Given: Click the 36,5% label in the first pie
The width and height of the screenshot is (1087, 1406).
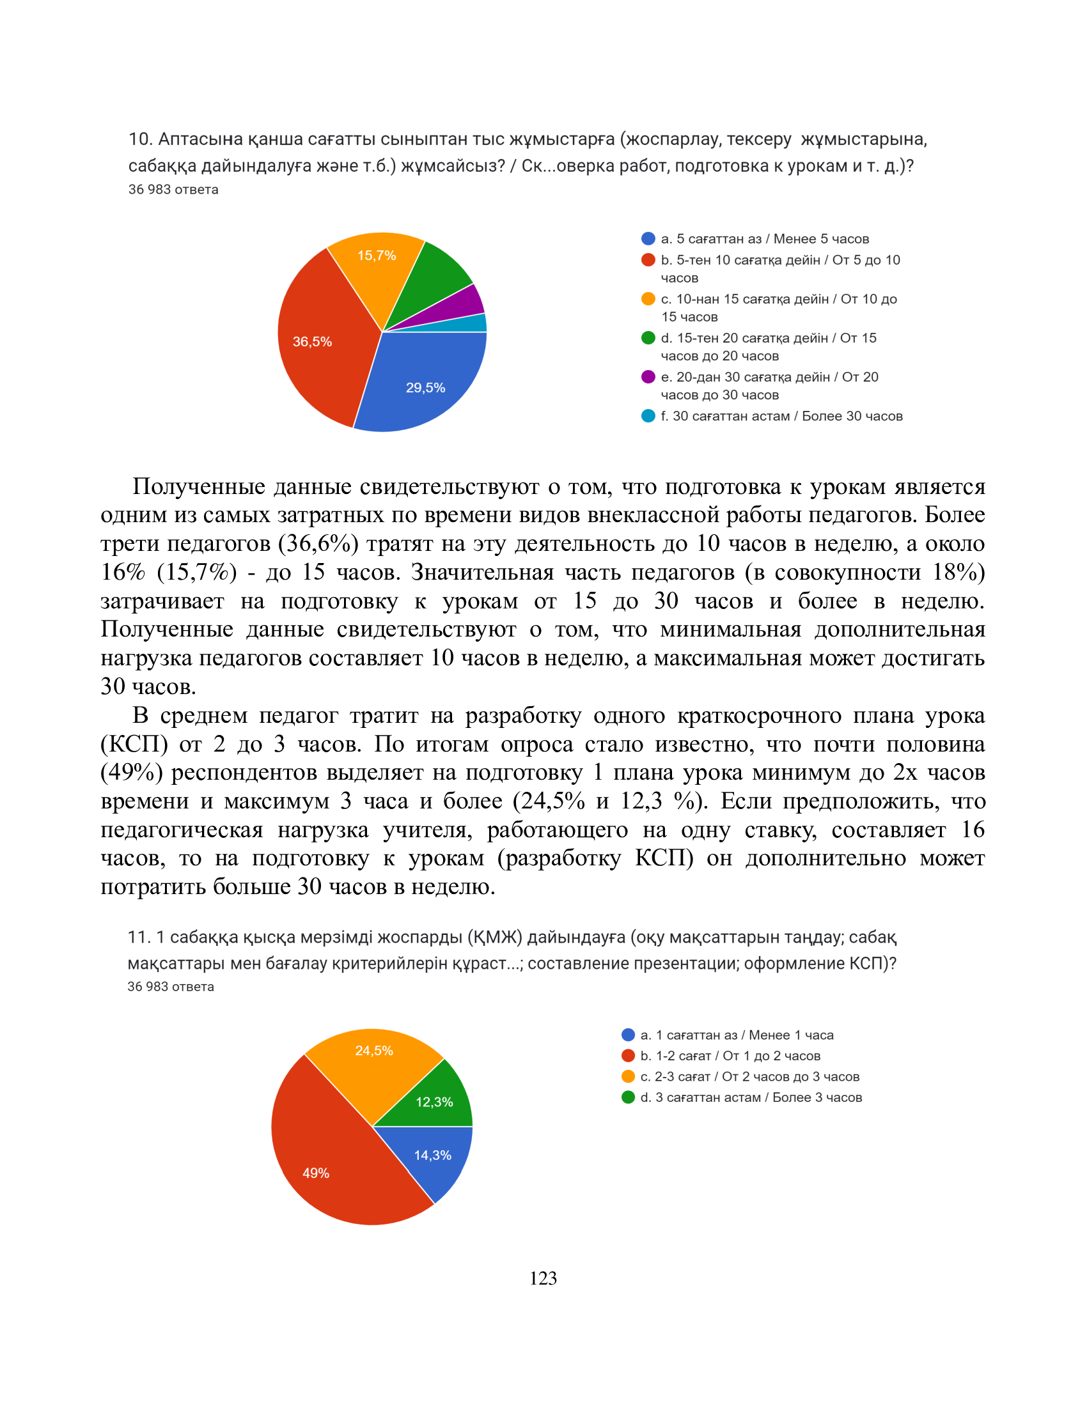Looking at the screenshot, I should (x=312, y=342).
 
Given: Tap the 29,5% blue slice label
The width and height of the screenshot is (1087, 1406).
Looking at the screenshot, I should (x=425, y=387).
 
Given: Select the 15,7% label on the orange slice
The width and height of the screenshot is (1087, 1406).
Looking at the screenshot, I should (x=377, y=256).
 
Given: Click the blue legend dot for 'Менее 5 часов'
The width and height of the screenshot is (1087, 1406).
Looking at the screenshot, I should (x=648, y=239).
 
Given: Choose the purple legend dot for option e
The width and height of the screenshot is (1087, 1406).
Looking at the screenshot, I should (x=648, y=376).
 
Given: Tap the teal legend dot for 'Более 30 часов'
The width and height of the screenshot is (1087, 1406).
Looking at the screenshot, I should (x=648, y=416).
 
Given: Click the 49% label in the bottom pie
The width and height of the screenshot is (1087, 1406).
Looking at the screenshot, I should (x=315, y=1173).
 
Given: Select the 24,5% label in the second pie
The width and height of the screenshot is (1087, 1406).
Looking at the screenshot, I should (x=374, y=1051).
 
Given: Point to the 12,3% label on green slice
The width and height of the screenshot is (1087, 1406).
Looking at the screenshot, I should (x=434, y=1102).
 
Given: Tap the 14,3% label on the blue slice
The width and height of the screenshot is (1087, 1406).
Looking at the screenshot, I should (x=433, y=1155).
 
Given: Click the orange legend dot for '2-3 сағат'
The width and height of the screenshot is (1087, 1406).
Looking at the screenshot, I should (x=628, y=1076).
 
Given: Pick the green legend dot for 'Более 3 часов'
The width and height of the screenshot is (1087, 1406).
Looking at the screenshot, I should (x=628, y=1097).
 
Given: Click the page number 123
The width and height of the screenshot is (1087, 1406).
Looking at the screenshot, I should (x=543, y=1279).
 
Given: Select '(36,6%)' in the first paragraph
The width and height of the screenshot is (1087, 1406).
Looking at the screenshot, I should (x=318, y=543).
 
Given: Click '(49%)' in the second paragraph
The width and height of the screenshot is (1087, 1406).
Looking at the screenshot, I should (x=131, y=772).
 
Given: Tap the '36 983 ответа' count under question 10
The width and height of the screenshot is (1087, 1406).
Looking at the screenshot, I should (x=173, y=189).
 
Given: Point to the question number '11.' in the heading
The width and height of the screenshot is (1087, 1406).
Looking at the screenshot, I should (x=139, y=937).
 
